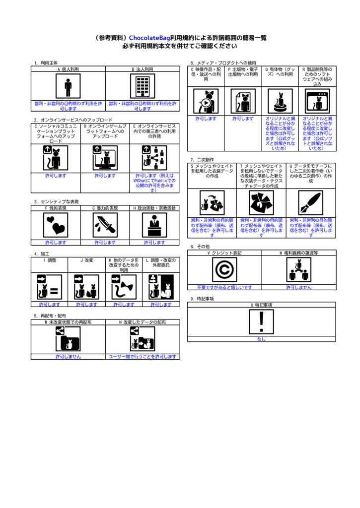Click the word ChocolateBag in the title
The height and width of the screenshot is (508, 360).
point(149,38)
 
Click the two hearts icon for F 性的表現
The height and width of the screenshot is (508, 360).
point(56,225)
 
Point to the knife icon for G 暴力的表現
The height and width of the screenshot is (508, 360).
point(105,225)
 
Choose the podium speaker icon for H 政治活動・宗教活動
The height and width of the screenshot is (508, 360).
point(154,225)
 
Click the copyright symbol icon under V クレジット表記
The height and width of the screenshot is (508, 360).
point(224,270)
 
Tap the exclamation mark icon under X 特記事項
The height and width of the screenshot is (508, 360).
point(261,321)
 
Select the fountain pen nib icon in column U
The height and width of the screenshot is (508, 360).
point(311,203)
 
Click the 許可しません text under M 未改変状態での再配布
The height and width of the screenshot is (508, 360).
point(68,357)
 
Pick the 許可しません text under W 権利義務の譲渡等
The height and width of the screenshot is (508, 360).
point(299,287)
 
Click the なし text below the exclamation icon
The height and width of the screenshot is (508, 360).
point(261,339)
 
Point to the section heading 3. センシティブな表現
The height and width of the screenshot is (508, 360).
point(57,201)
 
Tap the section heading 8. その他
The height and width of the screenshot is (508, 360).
point(200,247)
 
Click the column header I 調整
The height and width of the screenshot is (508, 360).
point(50,260)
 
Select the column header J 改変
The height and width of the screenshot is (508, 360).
point(86,260)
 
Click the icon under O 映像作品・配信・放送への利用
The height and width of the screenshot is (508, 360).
point(206,101)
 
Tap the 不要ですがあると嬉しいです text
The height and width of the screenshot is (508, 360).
point(224,287)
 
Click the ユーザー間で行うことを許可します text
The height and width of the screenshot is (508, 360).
point(143,357)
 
